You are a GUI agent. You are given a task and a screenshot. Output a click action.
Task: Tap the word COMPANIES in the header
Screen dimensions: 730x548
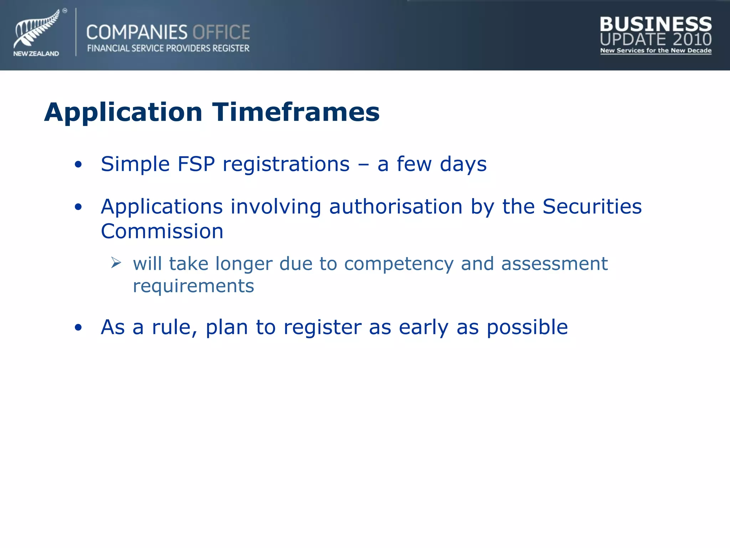pos(137,32)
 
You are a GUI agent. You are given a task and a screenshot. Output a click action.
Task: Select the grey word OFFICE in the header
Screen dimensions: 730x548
pos(221,32)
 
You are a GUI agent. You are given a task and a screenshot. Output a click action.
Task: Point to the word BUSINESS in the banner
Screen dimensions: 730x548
pos(656,24)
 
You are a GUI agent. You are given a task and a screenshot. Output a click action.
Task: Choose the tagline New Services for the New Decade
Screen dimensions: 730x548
pos(656,51)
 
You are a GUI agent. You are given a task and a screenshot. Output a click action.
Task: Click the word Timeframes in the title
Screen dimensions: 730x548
pos(296,112)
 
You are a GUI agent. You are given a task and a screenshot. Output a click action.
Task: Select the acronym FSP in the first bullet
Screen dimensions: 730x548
pos(196,164)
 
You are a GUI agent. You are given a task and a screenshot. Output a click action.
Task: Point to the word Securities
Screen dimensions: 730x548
pos(592,207)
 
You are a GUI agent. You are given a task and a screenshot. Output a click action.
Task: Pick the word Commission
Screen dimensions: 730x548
pos(162,231)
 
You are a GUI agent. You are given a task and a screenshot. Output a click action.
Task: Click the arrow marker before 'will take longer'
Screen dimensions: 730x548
pos(116,263)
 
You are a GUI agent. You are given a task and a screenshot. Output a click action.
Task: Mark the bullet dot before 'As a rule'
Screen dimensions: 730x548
pos(78,328)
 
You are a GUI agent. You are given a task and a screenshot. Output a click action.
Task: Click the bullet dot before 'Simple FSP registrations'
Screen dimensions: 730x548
pos(78,164)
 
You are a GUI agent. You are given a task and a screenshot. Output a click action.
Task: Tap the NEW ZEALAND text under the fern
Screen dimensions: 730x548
pos(36,54)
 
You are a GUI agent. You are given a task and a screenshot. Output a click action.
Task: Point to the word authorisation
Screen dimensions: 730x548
pos(396,207)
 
